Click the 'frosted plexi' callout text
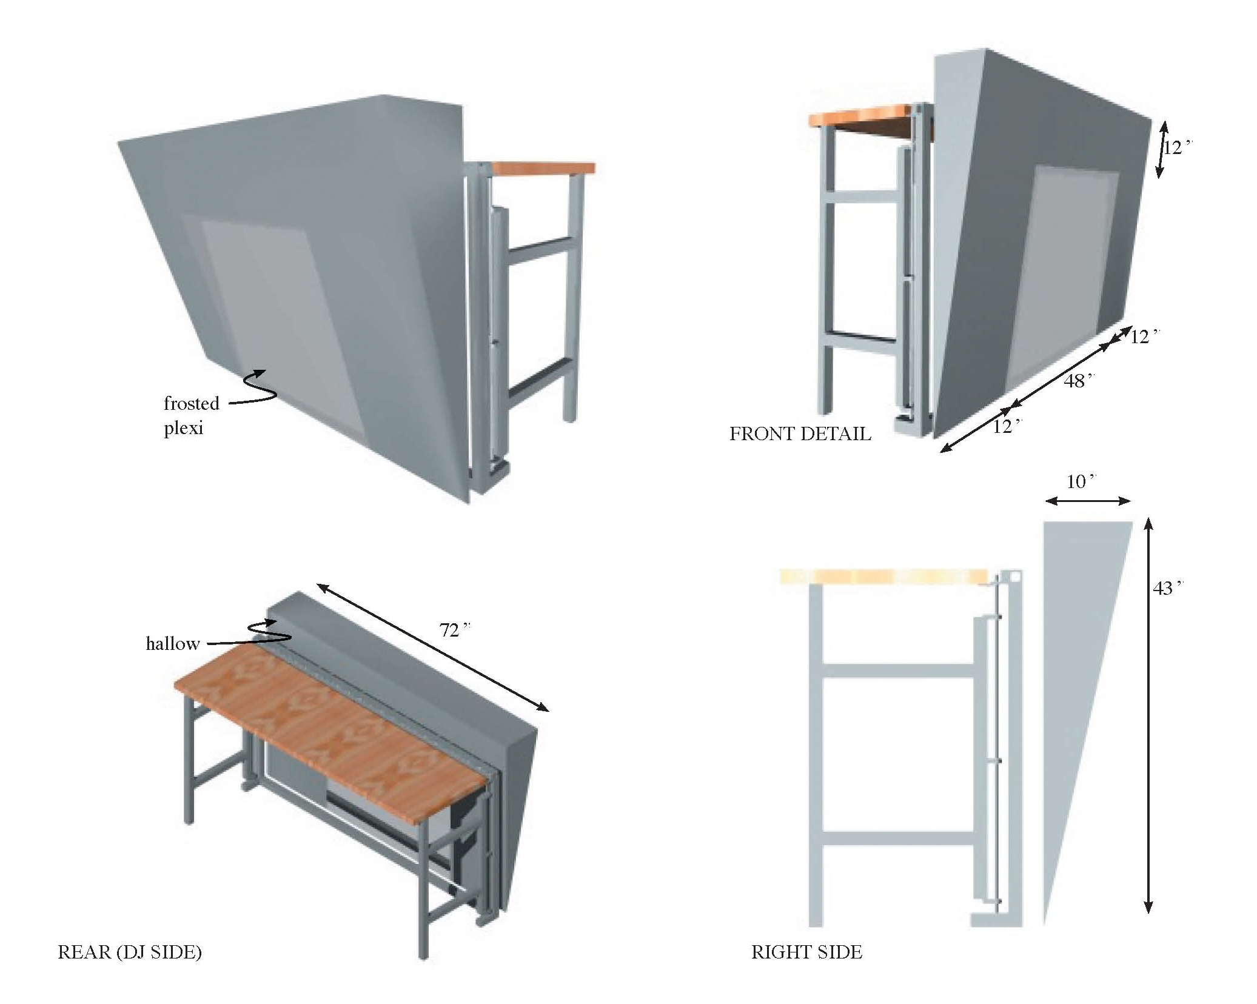pyautogui.click(x=191, y=415)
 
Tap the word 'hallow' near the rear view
pyautogui.click(x=172, y=644)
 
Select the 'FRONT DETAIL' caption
pyautogui.click(x=799, y=433)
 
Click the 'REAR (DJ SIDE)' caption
pyautogui.click(x=129, y=952)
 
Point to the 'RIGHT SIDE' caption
pyautogui.click(x=806, y=952)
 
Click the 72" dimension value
pyautogui.click(x=454, y=631)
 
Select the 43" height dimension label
pyautogui.click(x=1167, y=588)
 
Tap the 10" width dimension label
pyautogui.click(x=1081, y=482)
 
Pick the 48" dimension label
pyautogui.click(x=1078, y=381)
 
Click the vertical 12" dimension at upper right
pyautogui.click(x=1176, y=147)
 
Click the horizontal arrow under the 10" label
pyautogui.click(x=1088, y=501)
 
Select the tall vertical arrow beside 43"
pyautogui.click(x=1147, y=715)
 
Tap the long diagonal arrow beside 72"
pyautogui.click(x=432, y=647)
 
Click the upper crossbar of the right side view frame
pyautogui.click(x=897, y=671)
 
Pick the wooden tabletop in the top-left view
pyautogui.click(x=543, y=168)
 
